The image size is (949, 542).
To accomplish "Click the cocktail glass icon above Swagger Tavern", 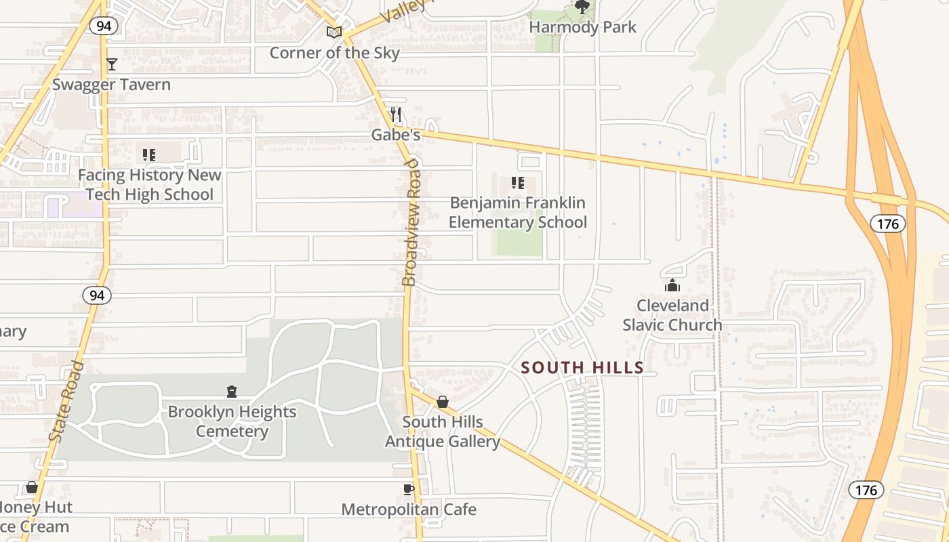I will tap(112, 64).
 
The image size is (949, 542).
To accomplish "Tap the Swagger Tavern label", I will tap(111, 85).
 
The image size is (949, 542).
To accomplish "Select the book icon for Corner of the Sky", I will tap(334, 32).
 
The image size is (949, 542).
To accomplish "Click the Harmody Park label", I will tap(582, 27).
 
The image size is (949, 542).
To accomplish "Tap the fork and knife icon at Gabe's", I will tap(396, 114).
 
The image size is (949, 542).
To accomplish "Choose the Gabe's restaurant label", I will tap(396, 135).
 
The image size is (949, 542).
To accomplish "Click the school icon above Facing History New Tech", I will tap(149, 155).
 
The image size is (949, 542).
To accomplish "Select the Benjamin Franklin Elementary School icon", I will tap(518, 183).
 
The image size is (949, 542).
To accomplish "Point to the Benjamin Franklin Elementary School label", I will tap(518, 212).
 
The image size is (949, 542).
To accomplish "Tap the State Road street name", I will tap(66, 402).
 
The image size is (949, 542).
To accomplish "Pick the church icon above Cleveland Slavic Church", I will tap(672, 285).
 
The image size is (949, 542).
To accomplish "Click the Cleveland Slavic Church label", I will tap(672, 315).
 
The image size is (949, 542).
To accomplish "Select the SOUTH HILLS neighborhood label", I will tap(582, 368).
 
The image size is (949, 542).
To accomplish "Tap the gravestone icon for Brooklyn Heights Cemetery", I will tap(232, 392).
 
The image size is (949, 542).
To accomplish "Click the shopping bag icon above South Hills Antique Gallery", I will tap(443, 402).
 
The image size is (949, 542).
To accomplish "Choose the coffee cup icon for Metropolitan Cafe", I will tap(408, 489).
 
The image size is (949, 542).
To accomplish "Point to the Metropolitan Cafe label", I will tap(409, 509).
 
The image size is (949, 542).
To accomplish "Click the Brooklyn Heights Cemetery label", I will tap(232, 421).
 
